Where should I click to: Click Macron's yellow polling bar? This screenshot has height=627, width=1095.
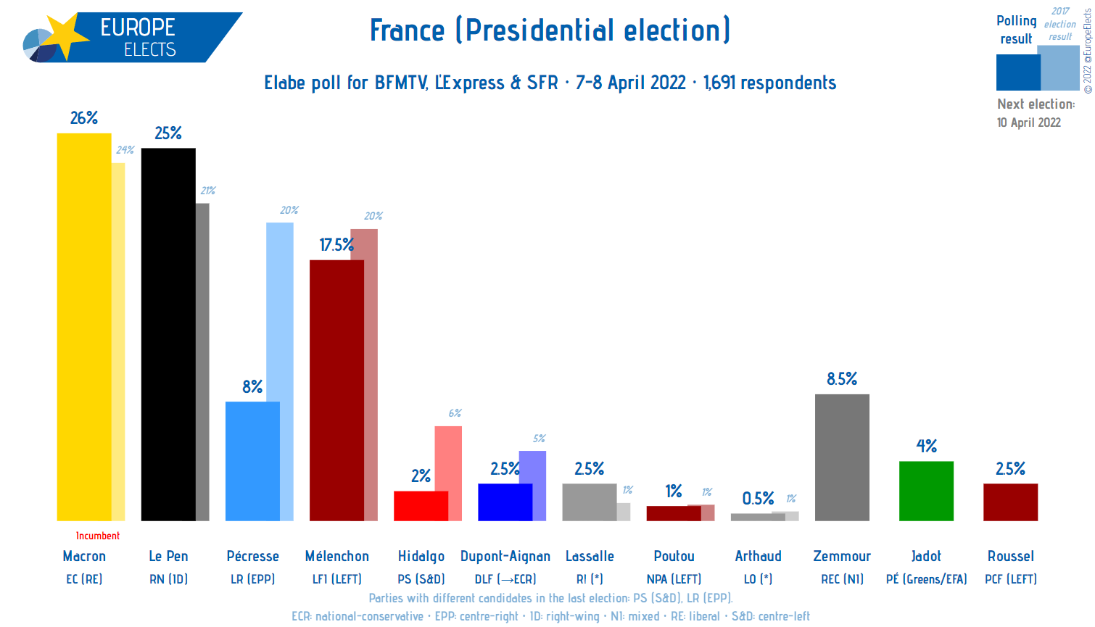point(84,326)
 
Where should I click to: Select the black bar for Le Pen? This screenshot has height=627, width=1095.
point(168,334)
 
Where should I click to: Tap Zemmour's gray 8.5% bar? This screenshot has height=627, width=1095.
point(842,457)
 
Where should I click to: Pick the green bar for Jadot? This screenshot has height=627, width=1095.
point(926,491)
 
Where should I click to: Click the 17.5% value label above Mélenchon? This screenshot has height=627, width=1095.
point(336,245)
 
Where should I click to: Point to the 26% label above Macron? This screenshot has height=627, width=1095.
point(84,118)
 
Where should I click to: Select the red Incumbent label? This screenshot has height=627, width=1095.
point(98,536)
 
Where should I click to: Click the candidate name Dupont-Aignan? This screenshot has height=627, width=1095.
point(505,556)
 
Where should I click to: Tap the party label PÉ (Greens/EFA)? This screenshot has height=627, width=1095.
point(926,579)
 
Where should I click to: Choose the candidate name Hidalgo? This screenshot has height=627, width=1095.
point(421,556)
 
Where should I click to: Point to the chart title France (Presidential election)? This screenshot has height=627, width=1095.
point(550,30)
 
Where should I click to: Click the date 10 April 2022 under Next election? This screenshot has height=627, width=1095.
point(1028,123)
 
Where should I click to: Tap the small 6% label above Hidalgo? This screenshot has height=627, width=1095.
point(455,413)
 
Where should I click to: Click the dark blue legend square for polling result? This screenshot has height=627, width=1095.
point(1017,72)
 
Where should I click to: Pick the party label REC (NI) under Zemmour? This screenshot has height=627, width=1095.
point(842,579)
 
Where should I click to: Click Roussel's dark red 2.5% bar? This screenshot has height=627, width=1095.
point(1010,502)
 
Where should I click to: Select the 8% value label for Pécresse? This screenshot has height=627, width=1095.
point(252,387)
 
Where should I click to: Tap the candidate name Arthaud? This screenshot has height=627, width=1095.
point(758,556)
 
